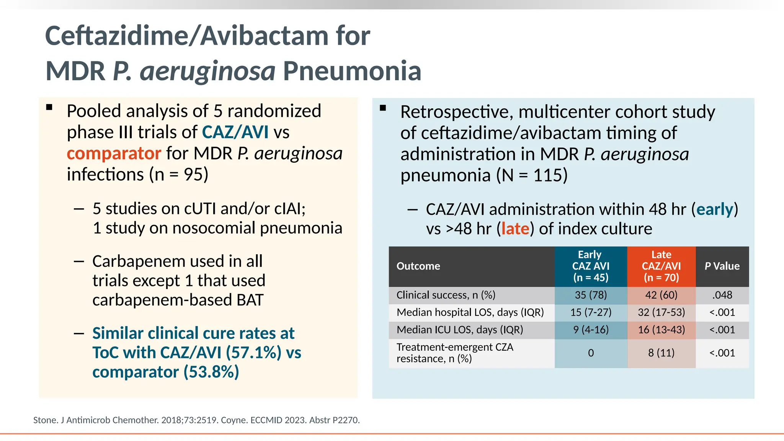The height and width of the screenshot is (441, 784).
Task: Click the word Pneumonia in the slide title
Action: pyautogui.click(x=352, y=71)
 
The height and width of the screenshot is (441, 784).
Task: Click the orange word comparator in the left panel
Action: pyautogui.click(x=114, y=154)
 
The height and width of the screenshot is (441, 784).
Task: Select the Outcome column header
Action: pyautogui.click(x=418, y=266)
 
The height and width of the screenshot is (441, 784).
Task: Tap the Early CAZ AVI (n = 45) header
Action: pyautogui.click(x=590, y=266)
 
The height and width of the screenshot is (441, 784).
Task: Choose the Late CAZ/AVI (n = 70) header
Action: pyautogui.click(x=661, y=266)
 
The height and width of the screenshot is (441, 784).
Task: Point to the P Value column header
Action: pyautogui.click(x=722, y=266)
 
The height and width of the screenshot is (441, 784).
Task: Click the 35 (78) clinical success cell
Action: pyautogui.click(x=591, y=295)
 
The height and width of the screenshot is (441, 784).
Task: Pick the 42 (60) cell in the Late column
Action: pyautogui.click(x=661, y=295)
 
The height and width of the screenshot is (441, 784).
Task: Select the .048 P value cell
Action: pyautogui.click(x=722, y=295)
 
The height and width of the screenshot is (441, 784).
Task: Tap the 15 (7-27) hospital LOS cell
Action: pyautogui.click(x=591, y=312)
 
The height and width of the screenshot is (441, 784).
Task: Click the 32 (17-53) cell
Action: pyautogui.click(x=661, y=312)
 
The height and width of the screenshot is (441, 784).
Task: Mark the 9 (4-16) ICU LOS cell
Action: pyautogui.click(x=591, y=330)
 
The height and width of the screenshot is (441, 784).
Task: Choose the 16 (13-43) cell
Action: pyautogui.click(x=661, y=330)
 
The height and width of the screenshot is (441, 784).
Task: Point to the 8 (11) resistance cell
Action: pyautogui.click(x=661, y=353)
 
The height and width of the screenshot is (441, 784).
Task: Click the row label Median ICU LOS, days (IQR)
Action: pyautogui.click(x=460, y=330)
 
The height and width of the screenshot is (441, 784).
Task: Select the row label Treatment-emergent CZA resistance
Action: pyautogui.click(x=455, y=353)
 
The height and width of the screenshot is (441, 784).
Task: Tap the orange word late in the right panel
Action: pyautogui.click(x=515, y=229)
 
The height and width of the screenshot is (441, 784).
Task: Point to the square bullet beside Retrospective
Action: pyautogui.click(x=383, y=108)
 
